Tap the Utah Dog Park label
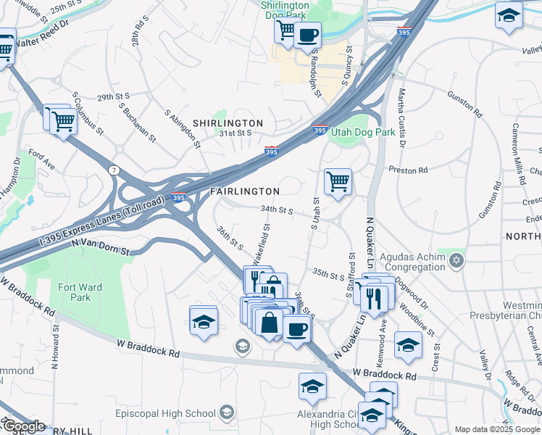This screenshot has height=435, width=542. pos(363,133)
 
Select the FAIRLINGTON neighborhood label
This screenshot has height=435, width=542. pos(245,191)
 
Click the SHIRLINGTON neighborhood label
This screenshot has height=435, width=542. pos(228,124)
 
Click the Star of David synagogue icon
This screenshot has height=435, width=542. pos(456,260)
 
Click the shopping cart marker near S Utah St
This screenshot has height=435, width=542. pos(338,181)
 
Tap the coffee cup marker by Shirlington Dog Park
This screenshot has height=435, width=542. pos(307,35)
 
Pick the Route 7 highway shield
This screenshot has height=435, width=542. pos(114,170)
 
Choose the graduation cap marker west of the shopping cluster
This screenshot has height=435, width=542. pos(204,321)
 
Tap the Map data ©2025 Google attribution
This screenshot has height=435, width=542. pos(498,429)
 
